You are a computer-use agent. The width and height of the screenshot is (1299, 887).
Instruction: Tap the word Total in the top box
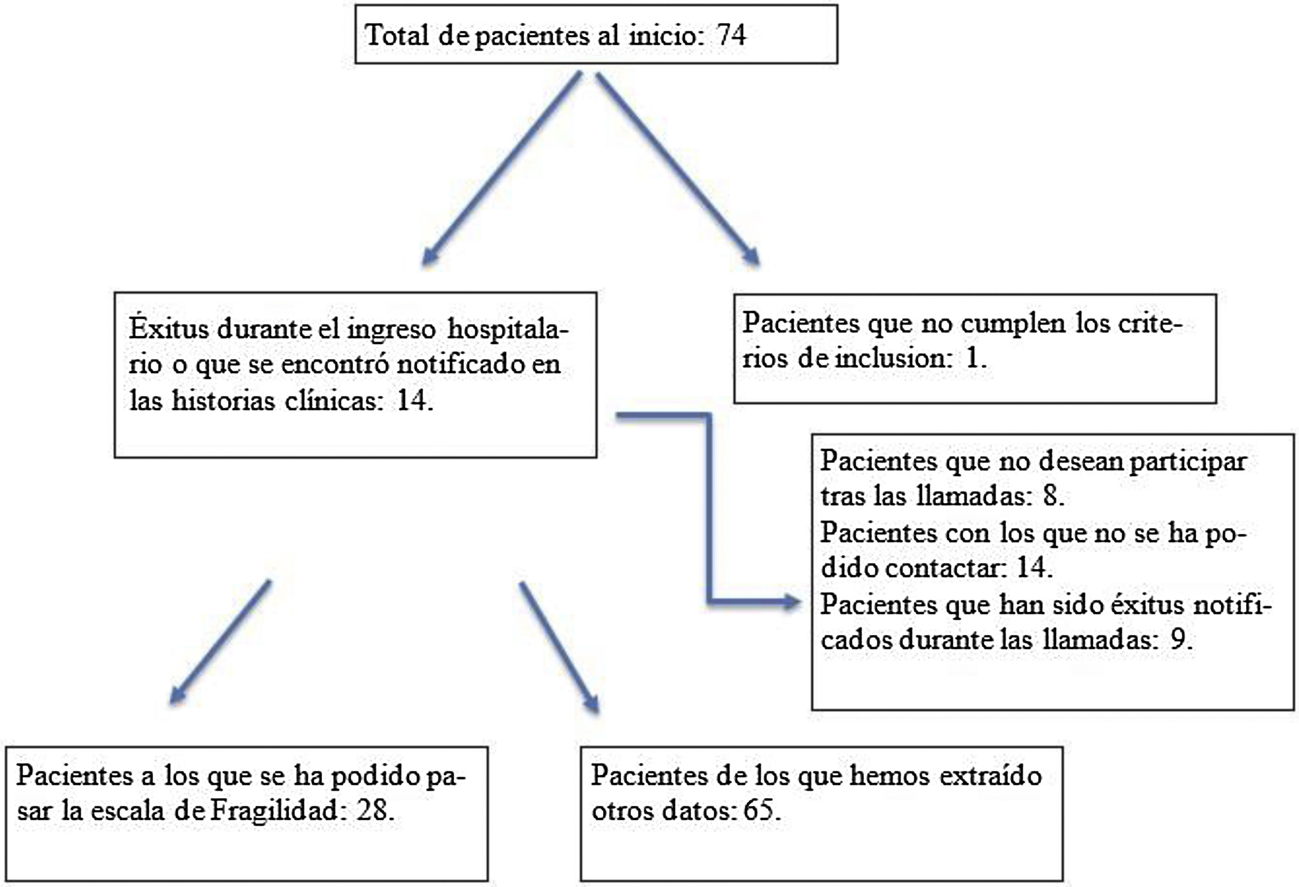(x=397, y=35)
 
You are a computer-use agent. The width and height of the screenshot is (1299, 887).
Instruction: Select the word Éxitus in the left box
(x=168, y=328)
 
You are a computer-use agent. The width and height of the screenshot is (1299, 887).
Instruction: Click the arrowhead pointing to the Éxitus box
(x=429, y=258)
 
